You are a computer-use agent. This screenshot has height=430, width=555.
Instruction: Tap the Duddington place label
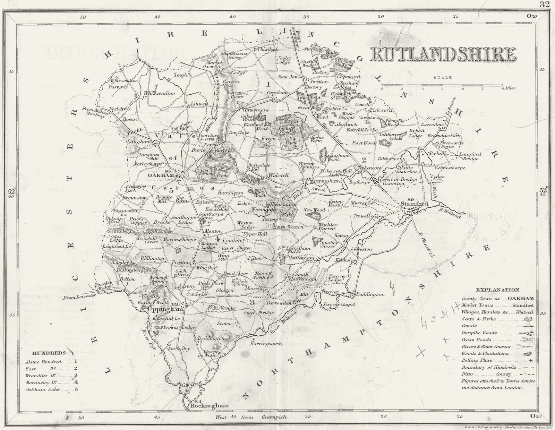click(x=370, y=294)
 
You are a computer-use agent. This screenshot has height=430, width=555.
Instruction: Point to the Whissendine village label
click(x=160, y=93)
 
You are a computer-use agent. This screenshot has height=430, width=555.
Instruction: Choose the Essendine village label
click(x=432, y=124)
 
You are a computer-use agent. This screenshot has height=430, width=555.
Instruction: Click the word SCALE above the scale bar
click(x=445, y=78)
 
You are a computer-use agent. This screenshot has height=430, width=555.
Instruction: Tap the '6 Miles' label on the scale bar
click(x=507, y=88)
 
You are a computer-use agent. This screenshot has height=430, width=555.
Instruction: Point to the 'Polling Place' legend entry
click(x=477, y=361)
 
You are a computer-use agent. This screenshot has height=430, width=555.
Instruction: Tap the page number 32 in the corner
click(x=544, y=4)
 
